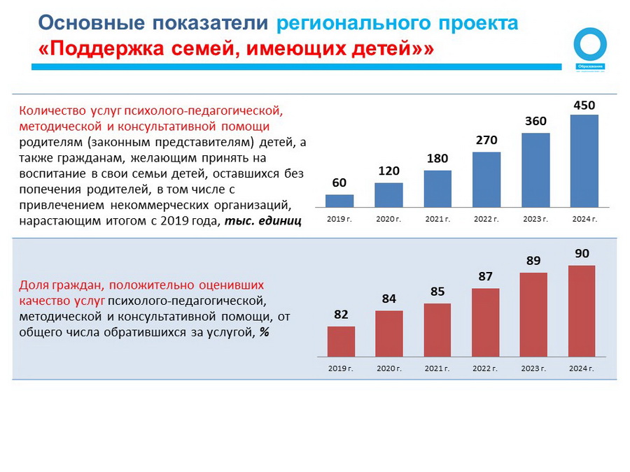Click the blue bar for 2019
(339, 201)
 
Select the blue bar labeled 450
(584, 161)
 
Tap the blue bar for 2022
(486, 180)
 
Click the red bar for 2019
(341, 342)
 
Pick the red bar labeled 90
(582, 311)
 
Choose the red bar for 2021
(437, 330)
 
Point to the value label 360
(535, 121)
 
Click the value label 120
(388, 171)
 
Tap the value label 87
(486, 276)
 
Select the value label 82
(341, 315)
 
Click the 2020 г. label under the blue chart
(388, 220)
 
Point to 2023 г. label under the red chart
(534, 369)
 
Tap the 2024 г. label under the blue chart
(584, 220)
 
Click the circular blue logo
(590, 45)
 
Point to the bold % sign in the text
(265, 332)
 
